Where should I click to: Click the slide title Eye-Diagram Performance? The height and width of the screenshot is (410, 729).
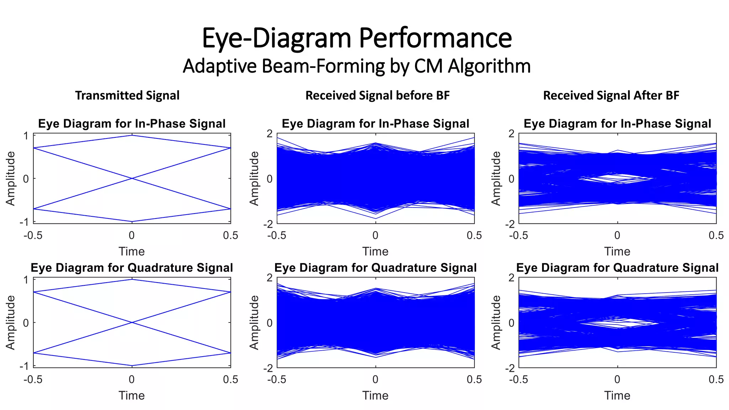click(357, 38)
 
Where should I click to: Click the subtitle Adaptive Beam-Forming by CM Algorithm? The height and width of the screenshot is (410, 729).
click(357, 66)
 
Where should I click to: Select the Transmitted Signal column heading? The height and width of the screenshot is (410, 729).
click(127, 95)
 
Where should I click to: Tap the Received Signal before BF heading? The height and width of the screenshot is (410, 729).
click(377, 95)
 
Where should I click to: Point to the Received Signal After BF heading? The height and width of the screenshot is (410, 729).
click(611, 95)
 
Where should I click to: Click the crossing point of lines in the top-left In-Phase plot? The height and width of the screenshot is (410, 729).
click(132, 178)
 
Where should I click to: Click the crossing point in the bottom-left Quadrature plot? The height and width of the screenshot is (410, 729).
click(132, 322)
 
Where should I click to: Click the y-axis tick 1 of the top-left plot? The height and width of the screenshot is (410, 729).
click(26, 136)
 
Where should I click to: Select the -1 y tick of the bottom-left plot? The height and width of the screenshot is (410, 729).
click(24, 366)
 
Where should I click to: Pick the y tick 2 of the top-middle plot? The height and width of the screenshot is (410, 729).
click(269, 134)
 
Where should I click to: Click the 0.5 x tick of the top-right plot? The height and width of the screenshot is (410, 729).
click(716, 235)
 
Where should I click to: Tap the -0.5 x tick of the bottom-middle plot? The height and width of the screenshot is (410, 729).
click(277, 379)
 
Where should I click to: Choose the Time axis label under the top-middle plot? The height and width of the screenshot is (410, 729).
click(375, 252)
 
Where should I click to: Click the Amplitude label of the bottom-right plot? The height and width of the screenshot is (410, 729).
click(496, 322)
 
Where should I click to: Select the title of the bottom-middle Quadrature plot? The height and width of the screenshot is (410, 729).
click(375, 268)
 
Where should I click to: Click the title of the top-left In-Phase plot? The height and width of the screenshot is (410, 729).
click(132, 123)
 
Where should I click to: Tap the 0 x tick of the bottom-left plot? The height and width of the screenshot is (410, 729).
click(132, 379)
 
